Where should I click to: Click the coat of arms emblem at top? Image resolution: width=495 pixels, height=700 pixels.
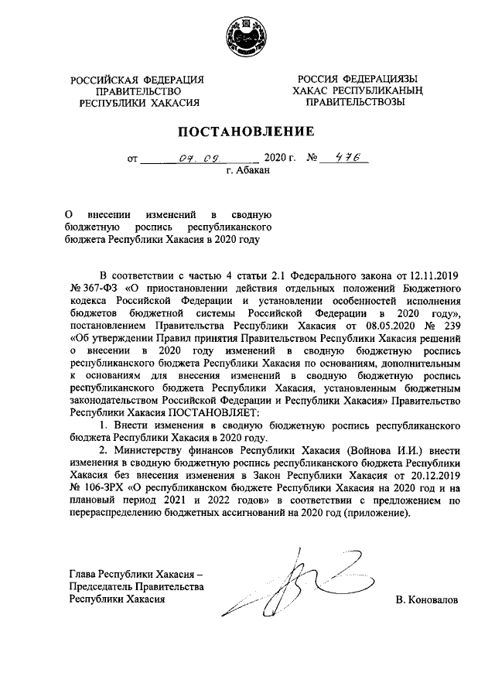pos(246,37)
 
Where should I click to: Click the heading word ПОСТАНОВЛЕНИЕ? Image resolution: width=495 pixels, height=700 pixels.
pos(247,131)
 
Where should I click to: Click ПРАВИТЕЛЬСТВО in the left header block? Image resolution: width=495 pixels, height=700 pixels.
pos(138,91)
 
